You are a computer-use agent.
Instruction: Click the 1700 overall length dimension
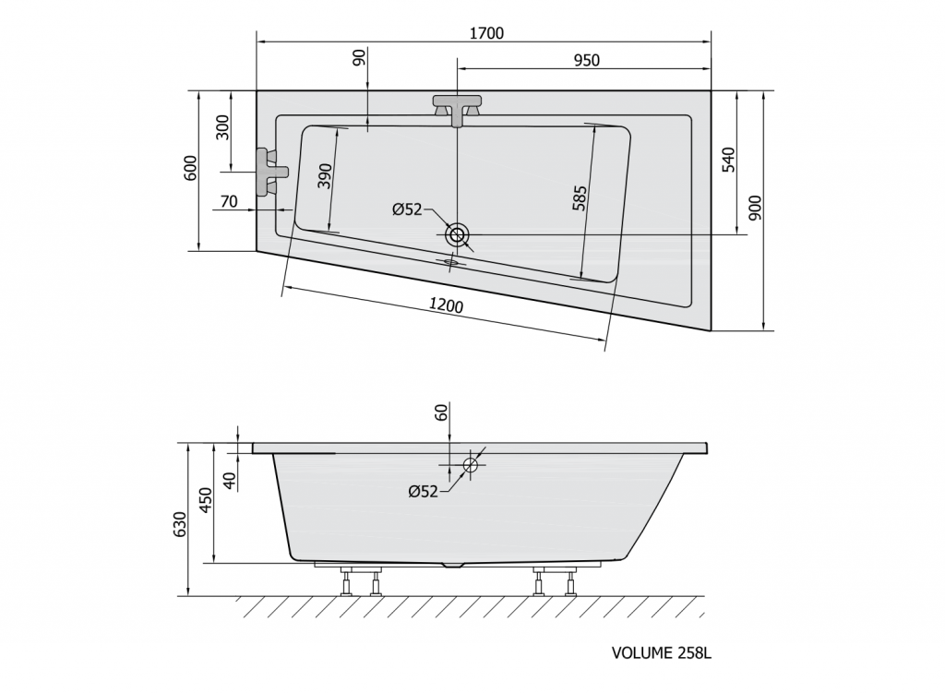pyautogui.click(x=486, y=33)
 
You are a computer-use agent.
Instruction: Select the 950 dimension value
pyautogui.click(x=586, y=61)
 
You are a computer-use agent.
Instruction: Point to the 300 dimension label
pyautogui.click(x=222, y=127)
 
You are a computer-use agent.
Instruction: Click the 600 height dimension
pyautogui.click(x=191, y=169)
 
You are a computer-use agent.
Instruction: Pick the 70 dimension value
pyautogui.click(x=230, y=201)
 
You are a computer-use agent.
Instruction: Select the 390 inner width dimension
pyautogui.click(x=324, y=174)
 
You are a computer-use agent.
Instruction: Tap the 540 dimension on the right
pyautogui.click(x=727, y=160)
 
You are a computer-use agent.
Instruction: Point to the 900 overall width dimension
pyautogui.click(x=755, y=209)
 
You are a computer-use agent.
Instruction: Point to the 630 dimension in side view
pyautogui.click(x=181, y=522)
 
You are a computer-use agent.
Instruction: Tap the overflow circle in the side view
pyautogui.click(x=472, y=464)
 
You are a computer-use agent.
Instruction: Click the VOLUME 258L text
pyautogui.click(x=662, y=653)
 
